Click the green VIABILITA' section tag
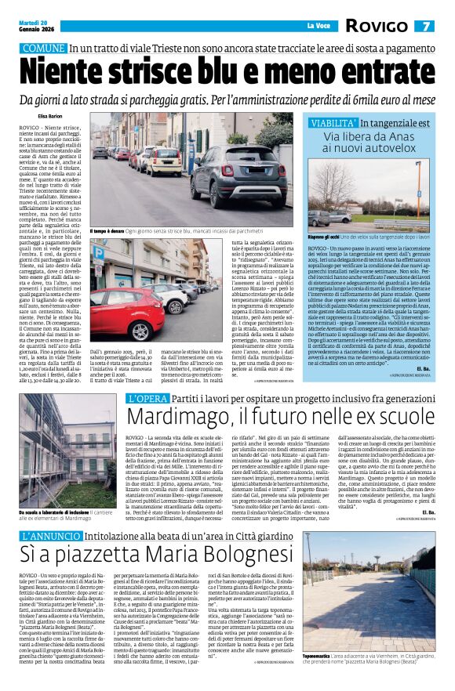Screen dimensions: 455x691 point(332,123)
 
